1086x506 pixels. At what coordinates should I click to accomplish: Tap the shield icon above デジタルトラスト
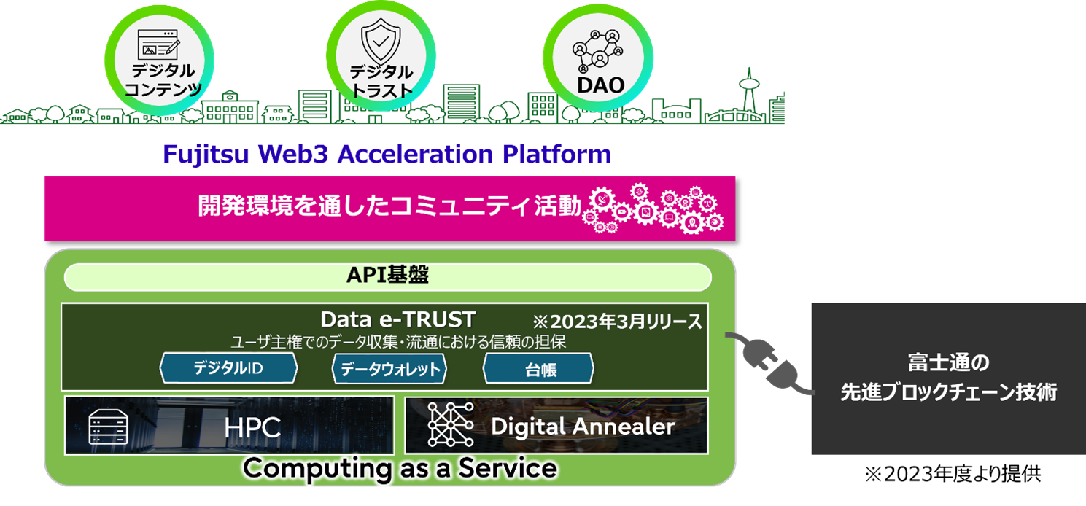point(381,43)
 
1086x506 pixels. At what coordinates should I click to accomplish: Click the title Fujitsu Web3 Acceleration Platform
point(386,155)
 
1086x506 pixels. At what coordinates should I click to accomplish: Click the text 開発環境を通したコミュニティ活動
point(390,207)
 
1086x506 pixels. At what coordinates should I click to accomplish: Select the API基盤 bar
point(387,277)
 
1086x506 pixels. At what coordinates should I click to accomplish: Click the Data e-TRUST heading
point(397,319)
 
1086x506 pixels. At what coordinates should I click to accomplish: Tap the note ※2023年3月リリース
point(616,320)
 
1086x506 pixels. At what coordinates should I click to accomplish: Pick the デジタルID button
point(228,369)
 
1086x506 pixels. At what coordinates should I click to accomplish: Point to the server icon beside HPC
point(107,427)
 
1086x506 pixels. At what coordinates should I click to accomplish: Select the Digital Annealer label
point(582,426)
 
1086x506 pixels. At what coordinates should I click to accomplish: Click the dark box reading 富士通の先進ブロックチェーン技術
point(948,377)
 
